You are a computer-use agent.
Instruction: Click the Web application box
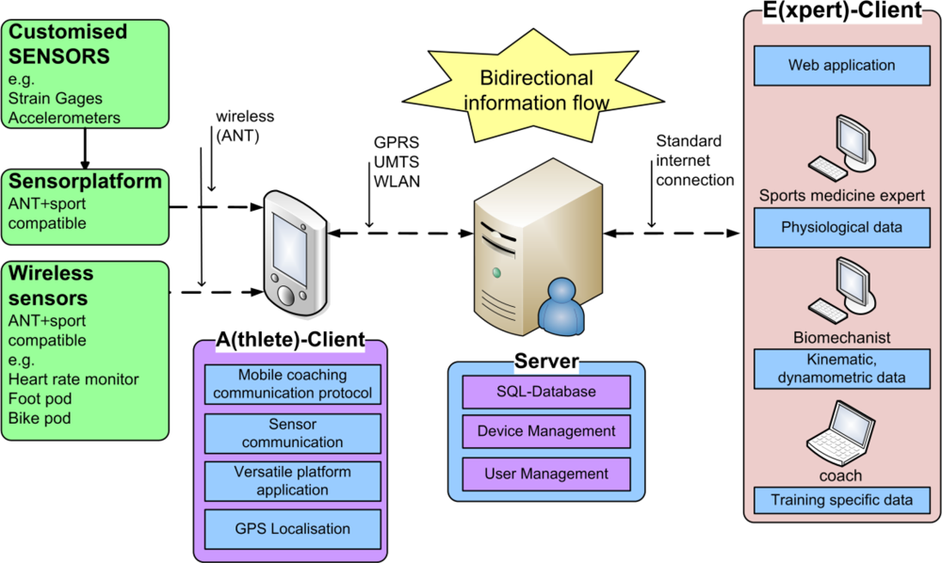coord(841,65)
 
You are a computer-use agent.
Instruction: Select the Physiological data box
coord(841,228)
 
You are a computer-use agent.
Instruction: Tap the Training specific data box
coord(841,500)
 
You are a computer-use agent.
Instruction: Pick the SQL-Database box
coord(546,392)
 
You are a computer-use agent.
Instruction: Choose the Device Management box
coord(546,431)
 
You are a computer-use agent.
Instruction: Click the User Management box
coord(546,475)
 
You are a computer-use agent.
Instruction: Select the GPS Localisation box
coord(293,529)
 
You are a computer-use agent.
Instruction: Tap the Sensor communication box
coord(293,433)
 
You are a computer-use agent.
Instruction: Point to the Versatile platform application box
coord(293,481)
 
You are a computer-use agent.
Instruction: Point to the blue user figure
coord(561,306)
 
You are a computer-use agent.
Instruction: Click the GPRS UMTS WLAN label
coord(397,162)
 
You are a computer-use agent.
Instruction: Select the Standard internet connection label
coord(694,161)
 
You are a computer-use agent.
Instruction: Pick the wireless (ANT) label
coord(245,126)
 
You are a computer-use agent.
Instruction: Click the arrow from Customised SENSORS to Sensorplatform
coord(85,149)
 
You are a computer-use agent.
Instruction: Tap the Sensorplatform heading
coord(85,182)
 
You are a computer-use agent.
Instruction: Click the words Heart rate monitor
coord(73,379)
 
